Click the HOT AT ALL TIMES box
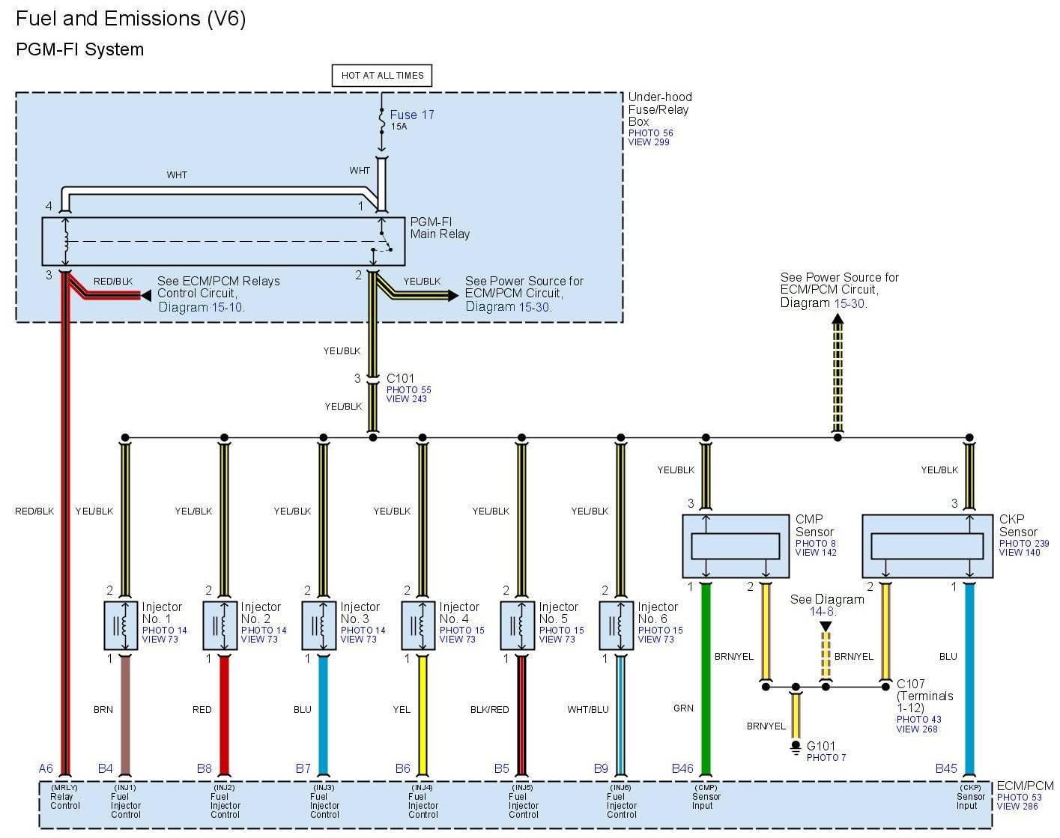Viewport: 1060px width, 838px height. tap(382, 76)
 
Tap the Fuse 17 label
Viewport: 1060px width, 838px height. tap(411, 115)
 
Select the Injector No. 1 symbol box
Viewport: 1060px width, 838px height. tap(120, 625)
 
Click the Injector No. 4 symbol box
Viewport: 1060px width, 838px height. tap(418, 625)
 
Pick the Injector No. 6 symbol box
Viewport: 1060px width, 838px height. tap(617, 625)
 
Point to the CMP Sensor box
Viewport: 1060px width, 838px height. tap(736, 546)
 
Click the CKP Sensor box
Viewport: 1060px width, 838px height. tap(927, 546)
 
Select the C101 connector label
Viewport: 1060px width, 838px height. tap(400, 379)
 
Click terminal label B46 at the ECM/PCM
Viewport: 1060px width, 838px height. tap(682, 768)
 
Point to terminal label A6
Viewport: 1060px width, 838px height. tap(46, 768)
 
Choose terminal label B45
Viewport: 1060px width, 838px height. tap(946, 768)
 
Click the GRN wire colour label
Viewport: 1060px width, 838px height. tap(683, 708)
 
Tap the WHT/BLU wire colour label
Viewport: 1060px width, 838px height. tap(588, 709)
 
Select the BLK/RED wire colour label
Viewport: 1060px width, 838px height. tap(489, 709)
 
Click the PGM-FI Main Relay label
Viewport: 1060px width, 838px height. tap(440, 228)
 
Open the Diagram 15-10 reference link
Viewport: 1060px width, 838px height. tap(202, 307)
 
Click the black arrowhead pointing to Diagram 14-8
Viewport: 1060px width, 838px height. tap(826, 626)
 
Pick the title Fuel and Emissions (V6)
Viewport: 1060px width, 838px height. tap(131, 19)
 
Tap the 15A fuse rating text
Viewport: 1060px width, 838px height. tap(399, 127)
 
